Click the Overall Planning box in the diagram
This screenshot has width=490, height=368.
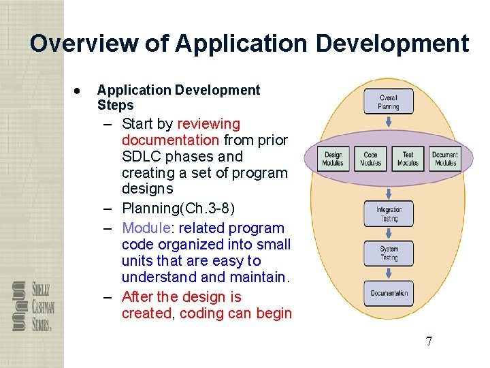coord(389,102)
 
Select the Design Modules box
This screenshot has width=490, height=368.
coord(333,159)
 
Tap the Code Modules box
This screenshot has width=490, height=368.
coord(370,159)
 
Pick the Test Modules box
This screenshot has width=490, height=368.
coord(408,159)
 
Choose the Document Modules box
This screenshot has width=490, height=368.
coord(445,159)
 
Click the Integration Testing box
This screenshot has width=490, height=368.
coord(389,214)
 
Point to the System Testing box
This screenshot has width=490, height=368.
coord(389,254)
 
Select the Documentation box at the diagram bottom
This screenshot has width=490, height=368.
coord(389,294)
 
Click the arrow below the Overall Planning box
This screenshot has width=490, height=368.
coord(389,123)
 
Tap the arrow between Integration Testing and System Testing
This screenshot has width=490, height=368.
coord(389,234)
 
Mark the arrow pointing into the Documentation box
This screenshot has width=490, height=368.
coord(389,273)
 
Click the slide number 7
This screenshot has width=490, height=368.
coord(429,341)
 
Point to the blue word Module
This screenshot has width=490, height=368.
coord(148,228)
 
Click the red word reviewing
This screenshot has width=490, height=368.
coord(208,124)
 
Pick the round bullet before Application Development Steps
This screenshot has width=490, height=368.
coord(79,91)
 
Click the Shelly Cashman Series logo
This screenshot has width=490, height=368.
coord(33,307)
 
